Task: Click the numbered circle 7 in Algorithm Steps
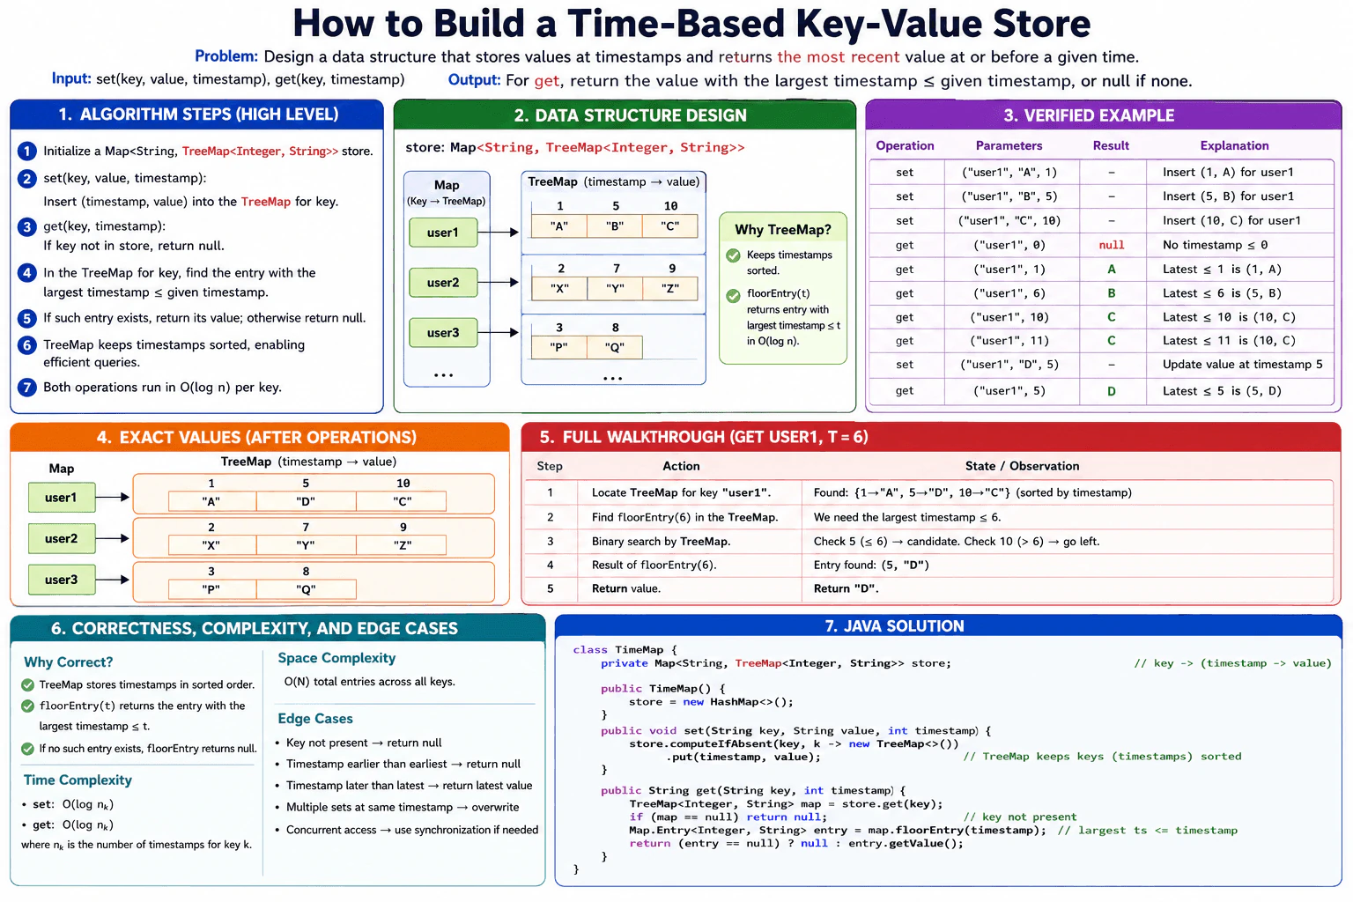coord(26,388)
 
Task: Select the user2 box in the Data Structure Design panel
coord(443,283)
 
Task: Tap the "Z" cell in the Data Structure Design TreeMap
coord(669,288)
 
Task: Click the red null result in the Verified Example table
coord(1112,245)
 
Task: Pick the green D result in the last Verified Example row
coord(1112,391)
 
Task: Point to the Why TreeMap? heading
coord(783,230)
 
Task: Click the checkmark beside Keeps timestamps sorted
coord(733,255)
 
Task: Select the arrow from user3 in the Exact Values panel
coord(113,580)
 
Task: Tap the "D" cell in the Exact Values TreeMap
coord(306,501)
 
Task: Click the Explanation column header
coord(1234,145)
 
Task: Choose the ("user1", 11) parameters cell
coord(1009,341)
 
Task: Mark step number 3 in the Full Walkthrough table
coord(551,542)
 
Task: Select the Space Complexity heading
coord(336,658)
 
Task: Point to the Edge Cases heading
coord(315,718)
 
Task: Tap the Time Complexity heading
coord(78,780)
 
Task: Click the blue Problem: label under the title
coord(225,56)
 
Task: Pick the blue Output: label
coord(474,80)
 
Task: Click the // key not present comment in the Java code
coord(1019,817)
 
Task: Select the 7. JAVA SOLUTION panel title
coord(895,626)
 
